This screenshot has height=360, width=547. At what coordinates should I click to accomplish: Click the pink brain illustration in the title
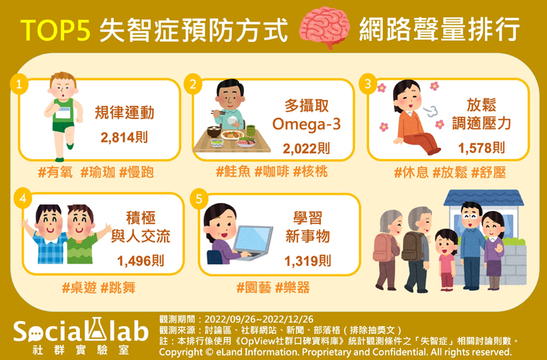[x=325, y=27]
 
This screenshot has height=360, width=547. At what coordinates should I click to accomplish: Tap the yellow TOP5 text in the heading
[x=56, y=30]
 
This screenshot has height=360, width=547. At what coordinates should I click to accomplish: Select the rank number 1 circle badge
[x=19, y=84]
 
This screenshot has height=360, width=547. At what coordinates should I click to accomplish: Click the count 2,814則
[x=125, y=138]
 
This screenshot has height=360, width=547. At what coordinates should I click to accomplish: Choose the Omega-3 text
[x=307, y=125]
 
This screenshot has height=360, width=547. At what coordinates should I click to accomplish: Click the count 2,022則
[x=307, y=149]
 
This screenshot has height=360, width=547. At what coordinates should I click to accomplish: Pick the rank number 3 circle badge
[x=368, y=84]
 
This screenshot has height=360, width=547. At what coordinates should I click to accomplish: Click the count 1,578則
[x=482, y=148]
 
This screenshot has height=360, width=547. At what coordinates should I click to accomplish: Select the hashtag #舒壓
[x=489, y=173]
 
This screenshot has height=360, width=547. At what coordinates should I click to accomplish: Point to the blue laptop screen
[x=253, y=239]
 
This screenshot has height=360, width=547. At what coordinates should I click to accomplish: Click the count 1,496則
[x=140, y=261]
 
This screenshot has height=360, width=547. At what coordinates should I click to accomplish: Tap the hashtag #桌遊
[x=79, y=288]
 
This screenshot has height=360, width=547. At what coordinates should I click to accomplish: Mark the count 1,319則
[x=308, y=261]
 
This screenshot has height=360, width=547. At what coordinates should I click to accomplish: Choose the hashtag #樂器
[x=292, y=288]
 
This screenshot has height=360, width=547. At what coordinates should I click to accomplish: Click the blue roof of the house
[x=484, y=198]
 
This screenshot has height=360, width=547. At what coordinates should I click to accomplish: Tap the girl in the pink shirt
[x=446, y=259]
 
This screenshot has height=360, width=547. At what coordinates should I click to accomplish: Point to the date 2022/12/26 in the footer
[x=287, y=319]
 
